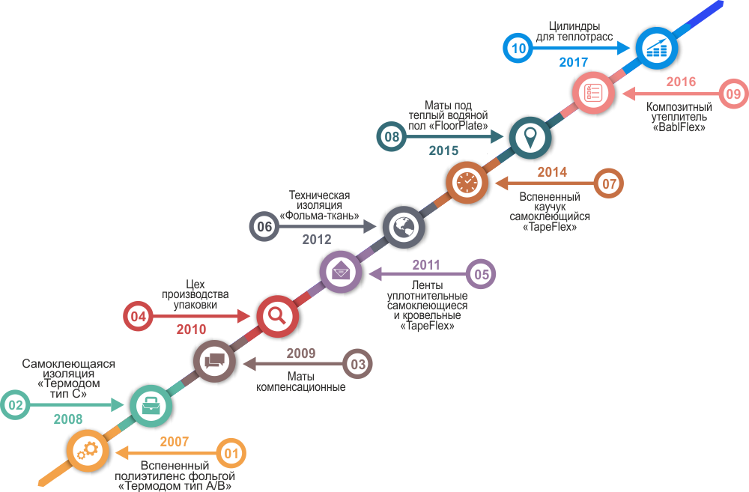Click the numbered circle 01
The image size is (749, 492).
click(x=231, y=453)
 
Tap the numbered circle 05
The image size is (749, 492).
click(x=481, y=275)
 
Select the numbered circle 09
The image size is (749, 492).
click(x=733, y=94)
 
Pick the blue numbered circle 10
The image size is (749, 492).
click(x=518, y=49)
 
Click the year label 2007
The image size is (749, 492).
click(x=175, y=442)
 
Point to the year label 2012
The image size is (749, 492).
click(x=317, y=240)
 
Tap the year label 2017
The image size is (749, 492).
click(x=574, y=62)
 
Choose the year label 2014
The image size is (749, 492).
click(x=552, y=172)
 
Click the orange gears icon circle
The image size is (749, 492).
click(x=87, y=450)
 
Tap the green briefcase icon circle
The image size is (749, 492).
click(x=151, y=405)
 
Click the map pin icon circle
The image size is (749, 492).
click(x=530, y=137)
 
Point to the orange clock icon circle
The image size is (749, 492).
click(x=466, y=182)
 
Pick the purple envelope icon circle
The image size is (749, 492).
click(x=341, y=271)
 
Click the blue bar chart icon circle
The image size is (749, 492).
click(x=656, y=49)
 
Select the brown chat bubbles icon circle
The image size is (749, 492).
click(x=214, y=360)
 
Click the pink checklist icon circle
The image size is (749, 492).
click(x=593, y=93)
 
